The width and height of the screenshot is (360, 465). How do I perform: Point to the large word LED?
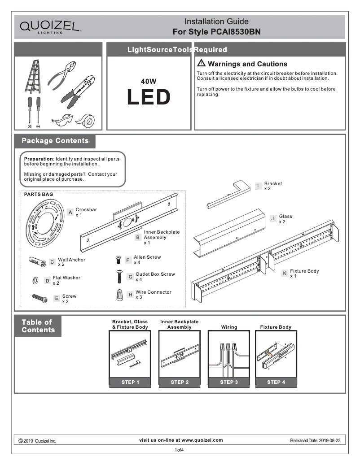[149, 97]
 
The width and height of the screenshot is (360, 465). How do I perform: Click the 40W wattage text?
[149, 82]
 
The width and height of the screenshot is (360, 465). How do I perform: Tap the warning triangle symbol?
[201, 63]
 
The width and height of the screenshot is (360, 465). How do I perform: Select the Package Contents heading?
[55, 141]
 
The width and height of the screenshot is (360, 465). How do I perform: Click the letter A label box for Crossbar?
[70, 212]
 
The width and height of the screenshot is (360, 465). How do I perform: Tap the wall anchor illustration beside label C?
[37, 261]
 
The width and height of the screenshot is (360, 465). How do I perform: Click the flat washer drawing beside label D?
[35, 281]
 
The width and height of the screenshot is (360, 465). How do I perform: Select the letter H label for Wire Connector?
[130, 295]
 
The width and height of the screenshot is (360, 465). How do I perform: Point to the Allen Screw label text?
[147, 257]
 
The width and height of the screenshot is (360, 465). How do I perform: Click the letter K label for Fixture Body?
[285, 273]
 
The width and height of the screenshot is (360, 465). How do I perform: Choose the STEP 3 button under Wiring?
[229, 382]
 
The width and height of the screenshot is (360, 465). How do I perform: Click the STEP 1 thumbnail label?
[130, 382]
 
